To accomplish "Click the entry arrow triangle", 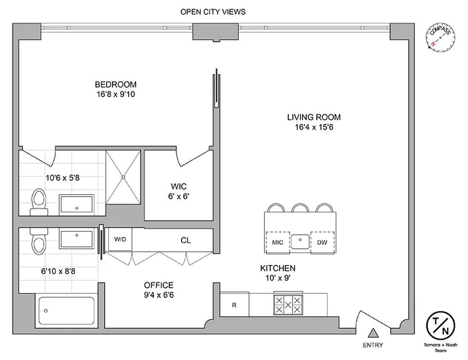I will (x=373, y=333).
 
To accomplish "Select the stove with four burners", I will (x=289, y=305).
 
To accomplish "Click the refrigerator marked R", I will (x=234, y=305).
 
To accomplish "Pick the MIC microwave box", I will (x=278, y=242).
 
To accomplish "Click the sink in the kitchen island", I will (x=300, y=242).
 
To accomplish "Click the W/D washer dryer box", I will (x=120, y=240).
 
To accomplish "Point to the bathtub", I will (x=67, y=310).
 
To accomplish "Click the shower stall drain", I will (x=123, y=177).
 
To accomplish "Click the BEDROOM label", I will (x=115, y=84).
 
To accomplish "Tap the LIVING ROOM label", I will (x=314, y=117).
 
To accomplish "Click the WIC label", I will (x=178, y=186).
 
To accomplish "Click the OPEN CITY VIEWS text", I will (x=213, y=12).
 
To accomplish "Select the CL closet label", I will (x=186, y=240).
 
